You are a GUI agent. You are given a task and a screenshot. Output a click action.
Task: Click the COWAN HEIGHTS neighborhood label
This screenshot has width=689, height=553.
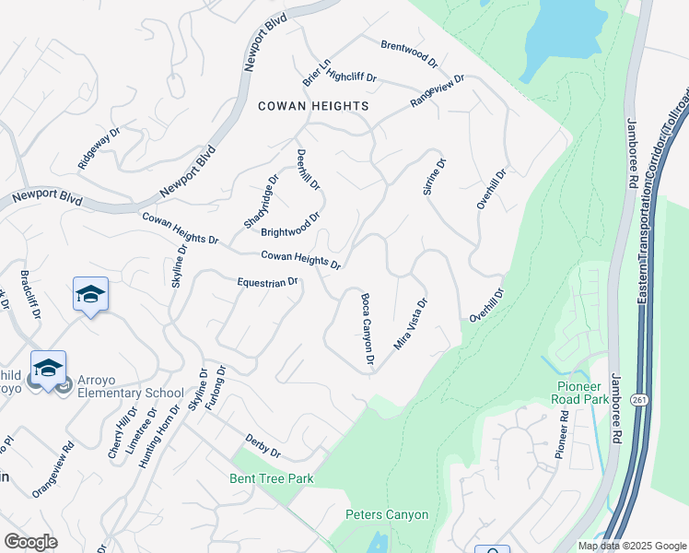[x=313, y=106]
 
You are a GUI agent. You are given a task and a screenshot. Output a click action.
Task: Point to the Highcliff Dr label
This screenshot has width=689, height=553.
[x=352, y=77]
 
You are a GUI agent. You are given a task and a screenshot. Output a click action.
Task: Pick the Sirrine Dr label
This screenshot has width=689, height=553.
[x=434, y=176]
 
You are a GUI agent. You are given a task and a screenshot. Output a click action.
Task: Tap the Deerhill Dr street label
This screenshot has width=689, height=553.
[x=308, y=170]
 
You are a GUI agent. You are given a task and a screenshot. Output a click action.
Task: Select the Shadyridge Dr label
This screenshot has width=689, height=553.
[x=261, y=202]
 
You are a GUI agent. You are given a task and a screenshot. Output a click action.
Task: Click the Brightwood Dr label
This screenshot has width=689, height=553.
[x=290, y=226]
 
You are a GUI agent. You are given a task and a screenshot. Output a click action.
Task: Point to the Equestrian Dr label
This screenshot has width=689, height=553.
[x=268, y=282]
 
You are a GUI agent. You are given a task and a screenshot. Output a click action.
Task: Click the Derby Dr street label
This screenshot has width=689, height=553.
[x=263, y=446]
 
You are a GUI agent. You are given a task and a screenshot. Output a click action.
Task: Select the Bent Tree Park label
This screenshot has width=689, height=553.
[x=272, y=478]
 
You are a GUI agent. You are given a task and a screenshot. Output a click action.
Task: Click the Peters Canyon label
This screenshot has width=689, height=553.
[x=387, y=514]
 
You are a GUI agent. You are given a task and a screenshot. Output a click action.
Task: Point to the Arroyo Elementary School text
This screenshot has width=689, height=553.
[x=128, y=385]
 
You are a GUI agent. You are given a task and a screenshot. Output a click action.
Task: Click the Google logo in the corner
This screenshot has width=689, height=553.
[x=30, y=541]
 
